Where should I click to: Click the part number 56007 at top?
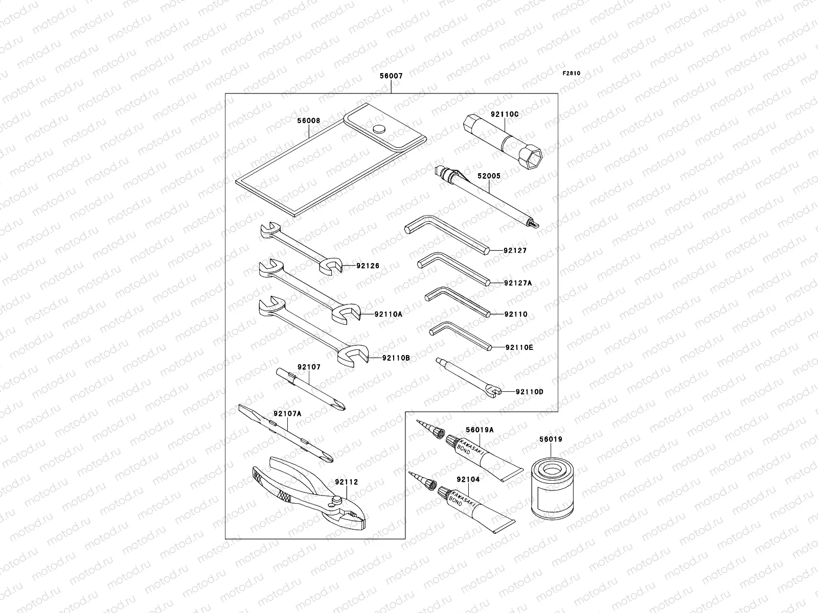coord(391,76)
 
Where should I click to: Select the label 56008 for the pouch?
coord(308,121)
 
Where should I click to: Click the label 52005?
coord(489,176)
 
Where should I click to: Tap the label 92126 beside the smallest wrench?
coord(368,266)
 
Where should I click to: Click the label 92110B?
coord(396,358)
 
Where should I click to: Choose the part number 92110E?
coord(519,347)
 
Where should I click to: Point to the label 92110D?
coord(529,392)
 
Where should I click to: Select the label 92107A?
coord(286,414)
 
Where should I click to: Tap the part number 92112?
coord(347,482)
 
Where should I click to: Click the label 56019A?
coord(480,430)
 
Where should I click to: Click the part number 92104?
coord(468,480)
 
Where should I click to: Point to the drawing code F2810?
coord(572,73)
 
